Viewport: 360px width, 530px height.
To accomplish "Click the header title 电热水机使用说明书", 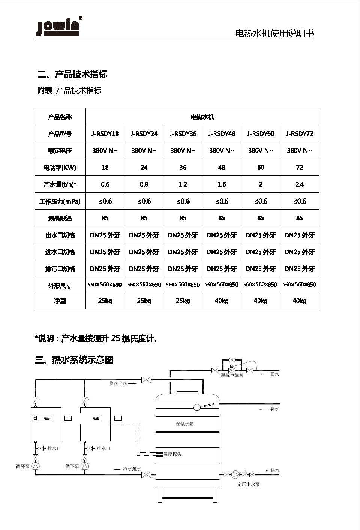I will click(274, 33).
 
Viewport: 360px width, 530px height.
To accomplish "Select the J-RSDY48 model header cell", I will click(222, 133).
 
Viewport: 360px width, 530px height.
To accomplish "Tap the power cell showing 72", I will click(300, 167).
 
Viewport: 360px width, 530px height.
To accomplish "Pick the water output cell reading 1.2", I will click(183, 184).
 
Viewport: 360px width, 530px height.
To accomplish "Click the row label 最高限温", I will click(60, 218).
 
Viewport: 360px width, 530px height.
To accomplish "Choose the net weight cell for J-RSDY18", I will click(105, 301).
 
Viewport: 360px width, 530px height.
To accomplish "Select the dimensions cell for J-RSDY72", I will click(299, 284).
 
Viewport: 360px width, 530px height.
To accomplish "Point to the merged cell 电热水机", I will click(202, 117).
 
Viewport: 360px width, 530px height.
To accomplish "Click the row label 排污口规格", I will click(60, 269).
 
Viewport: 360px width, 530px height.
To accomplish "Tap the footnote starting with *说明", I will click(96, 338).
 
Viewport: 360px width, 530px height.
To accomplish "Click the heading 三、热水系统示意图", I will click(74, 360).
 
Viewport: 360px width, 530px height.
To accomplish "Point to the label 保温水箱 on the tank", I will click(184, 424).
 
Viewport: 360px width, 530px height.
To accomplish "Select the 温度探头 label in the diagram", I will click(172, 454).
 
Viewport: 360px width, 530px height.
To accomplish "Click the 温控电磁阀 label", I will click(232, 375).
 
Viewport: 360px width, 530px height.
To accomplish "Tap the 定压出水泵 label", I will click(248, 484).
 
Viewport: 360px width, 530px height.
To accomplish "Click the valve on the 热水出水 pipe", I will click(146, 380).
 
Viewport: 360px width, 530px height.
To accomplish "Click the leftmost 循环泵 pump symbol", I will click(36, 466).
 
